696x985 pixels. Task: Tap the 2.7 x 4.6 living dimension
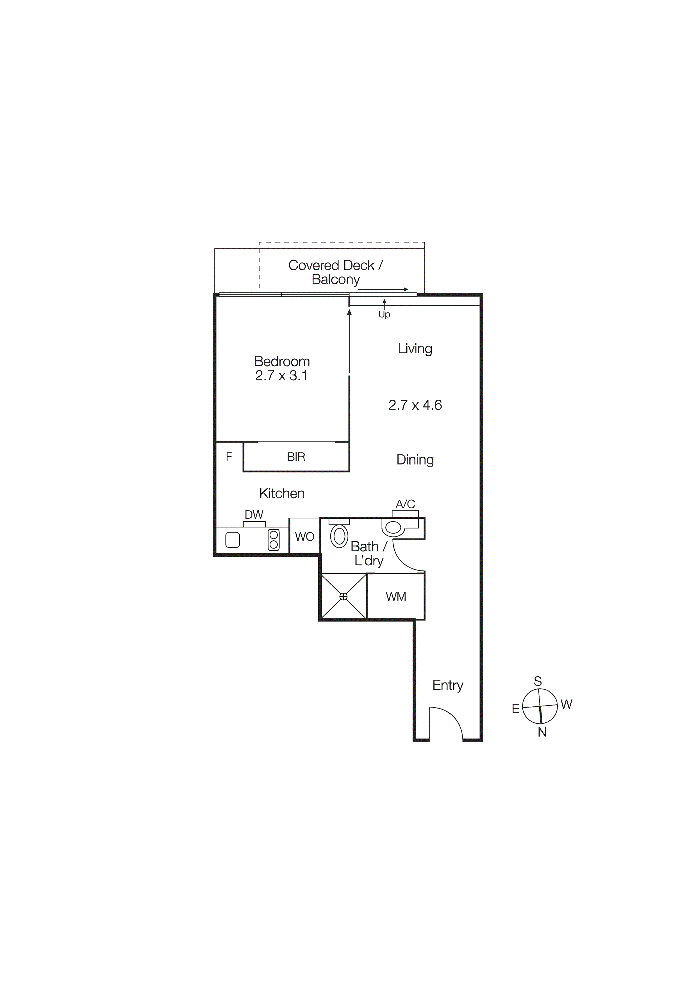tap(415, 405)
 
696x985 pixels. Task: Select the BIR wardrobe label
tap(296, 457)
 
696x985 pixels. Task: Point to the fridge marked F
tap(229, 456)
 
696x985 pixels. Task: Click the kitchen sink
tap(233, 540)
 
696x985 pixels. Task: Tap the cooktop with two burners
tap(273, 540)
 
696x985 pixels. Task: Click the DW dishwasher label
tap(254, 514)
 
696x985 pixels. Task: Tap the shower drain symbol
tap(343, 596)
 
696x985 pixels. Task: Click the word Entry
tap(447, 685)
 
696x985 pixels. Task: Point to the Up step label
tap(384, 315)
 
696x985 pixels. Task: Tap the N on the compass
tap(542, 732)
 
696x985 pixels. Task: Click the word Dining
tap(415, 460)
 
